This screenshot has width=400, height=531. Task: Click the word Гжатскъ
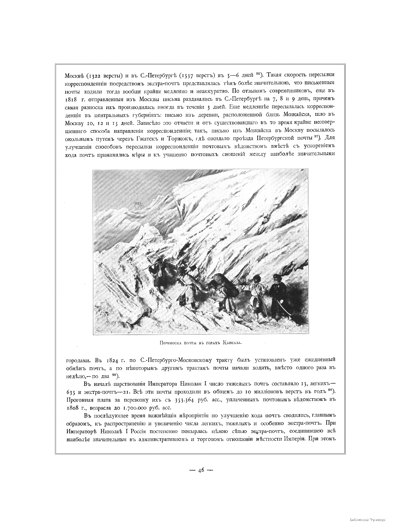click(x=148, y=138)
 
